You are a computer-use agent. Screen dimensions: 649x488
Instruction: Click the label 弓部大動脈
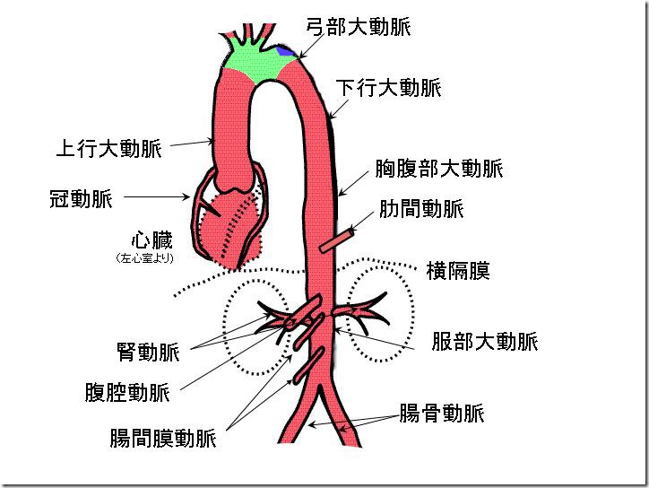359,27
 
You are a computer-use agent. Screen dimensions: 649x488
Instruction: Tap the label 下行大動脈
389,88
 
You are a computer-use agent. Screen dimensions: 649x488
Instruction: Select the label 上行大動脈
108,148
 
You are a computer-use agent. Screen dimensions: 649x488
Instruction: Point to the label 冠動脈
81,198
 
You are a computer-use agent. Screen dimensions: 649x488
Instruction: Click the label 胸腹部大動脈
439,169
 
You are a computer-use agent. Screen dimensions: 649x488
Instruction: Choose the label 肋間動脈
421,208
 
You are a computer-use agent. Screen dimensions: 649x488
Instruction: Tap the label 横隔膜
458,271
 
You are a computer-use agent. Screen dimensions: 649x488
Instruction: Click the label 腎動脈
148,352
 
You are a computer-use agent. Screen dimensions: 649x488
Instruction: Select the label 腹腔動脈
127,392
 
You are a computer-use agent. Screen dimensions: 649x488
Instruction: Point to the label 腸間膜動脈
163,438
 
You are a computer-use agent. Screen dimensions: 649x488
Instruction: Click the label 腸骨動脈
442,413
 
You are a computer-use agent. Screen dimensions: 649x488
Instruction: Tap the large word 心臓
151,240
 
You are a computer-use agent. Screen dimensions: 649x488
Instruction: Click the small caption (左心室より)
145,258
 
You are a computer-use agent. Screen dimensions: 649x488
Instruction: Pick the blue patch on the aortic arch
285,51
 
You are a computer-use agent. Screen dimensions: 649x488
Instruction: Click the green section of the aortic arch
256,60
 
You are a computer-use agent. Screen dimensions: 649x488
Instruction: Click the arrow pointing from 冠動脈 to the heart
157,196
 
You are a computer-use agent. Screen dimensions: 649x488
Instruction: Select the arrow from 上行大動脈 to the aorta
191,144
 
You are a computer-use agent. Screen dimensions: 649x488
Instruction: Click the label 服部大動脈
485,342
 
